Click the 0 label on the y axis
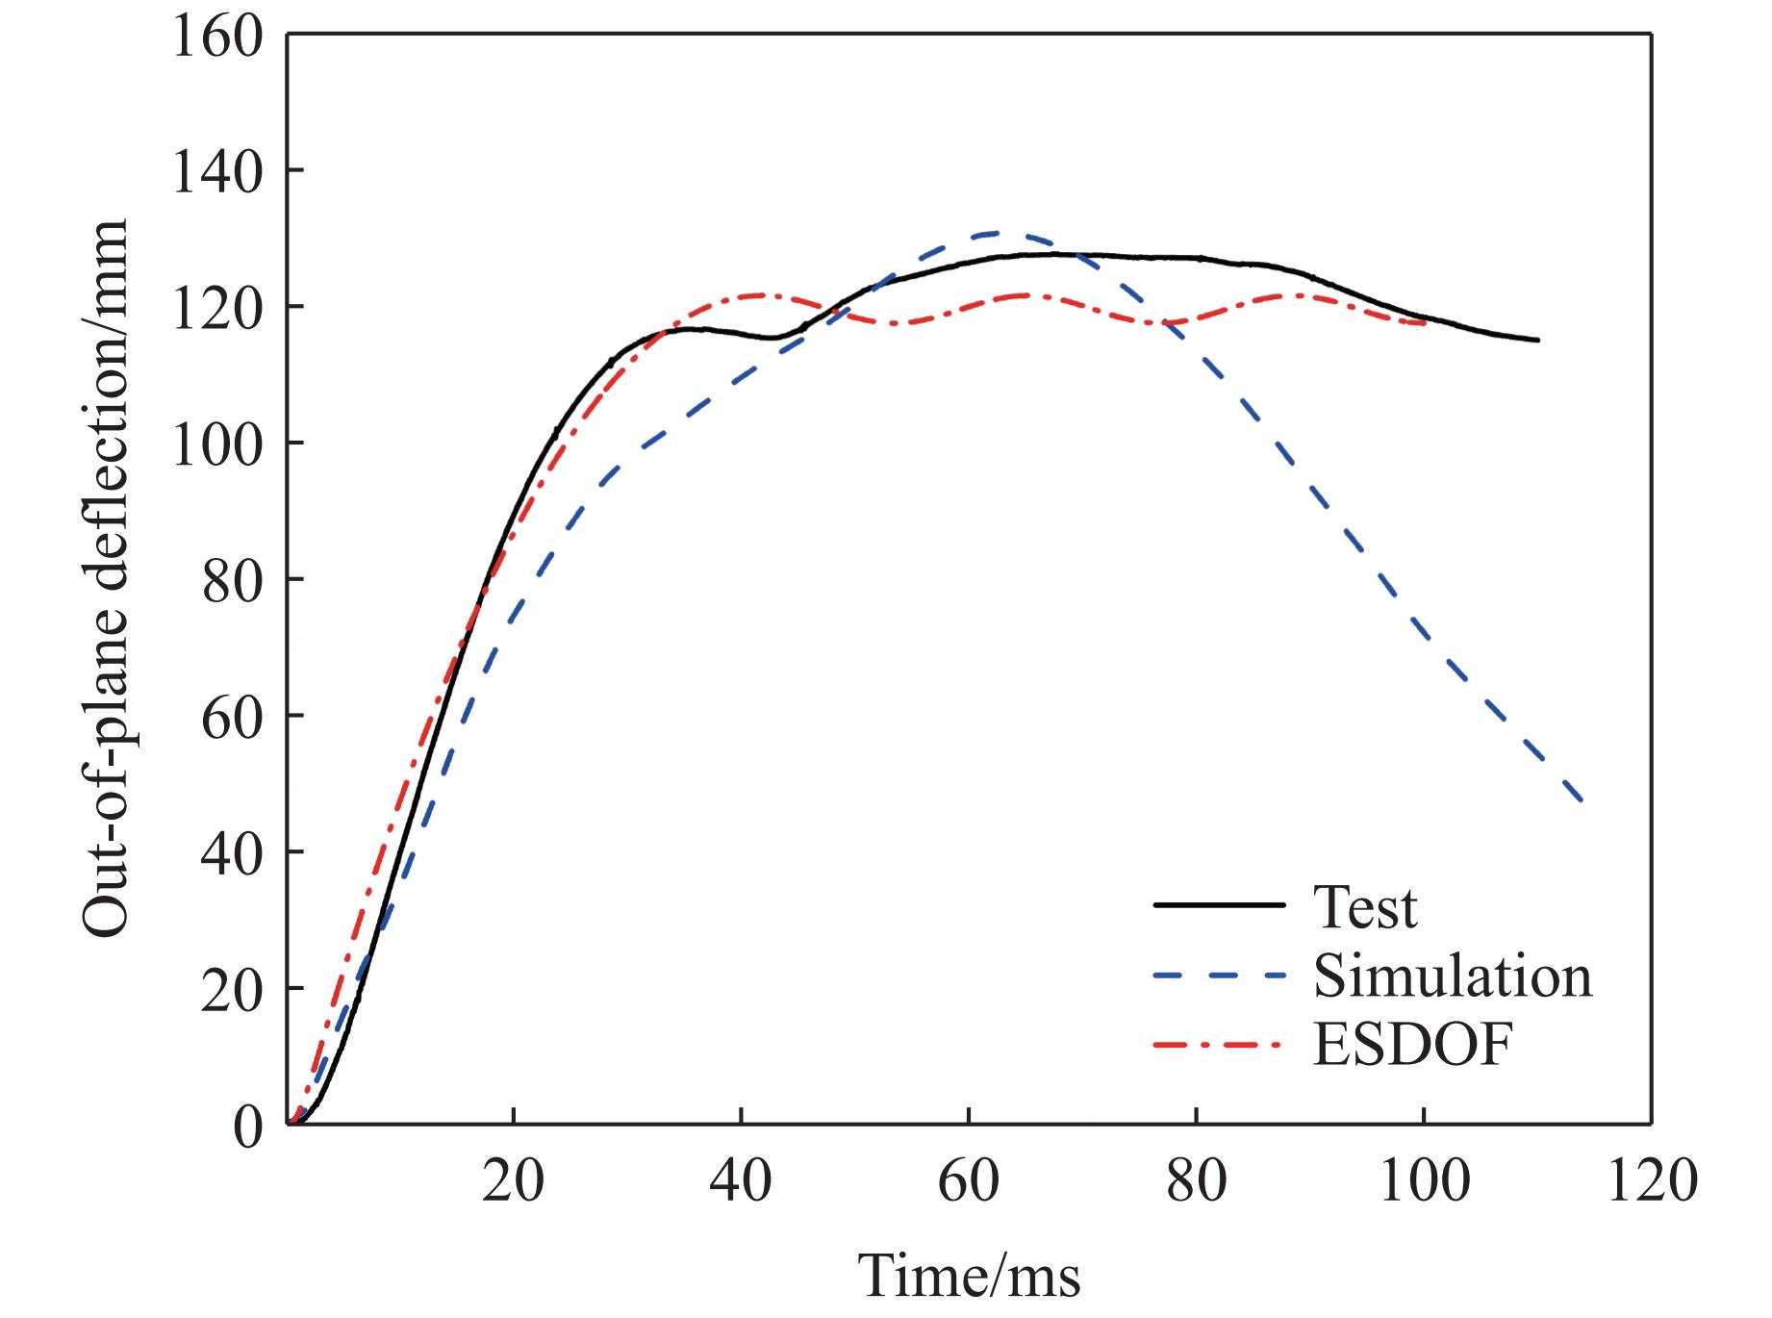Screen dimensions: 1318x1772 (x=247, y=1127)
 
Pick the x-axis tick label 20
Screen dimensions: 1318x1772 (x=513, y=1180)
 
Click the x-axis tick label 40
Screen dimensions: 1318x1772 (x=740, y=1180)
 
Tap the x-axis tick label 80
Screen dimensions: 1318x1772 (x=1196, y=1180)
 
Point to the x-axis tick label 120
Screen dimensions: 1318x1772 (x=1651, y=1180)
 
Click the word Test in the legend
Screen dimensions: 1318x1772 (x=1364, y=906)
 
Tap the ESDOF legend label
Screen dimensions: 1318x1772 (x=1412, y=1045)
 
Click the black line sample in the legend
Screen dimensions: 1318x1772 (x=1219, y=905)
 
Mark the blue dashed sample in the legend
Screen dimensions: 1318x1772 (x=1219, y=975)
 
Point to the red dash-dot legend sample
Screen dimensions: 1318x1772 (x=1219, y=1044)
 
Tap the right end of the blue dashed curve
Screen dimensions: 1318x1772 (x=1582, y=801)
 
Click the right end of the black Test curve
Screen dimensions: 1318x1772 (x=1538, y=340)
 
